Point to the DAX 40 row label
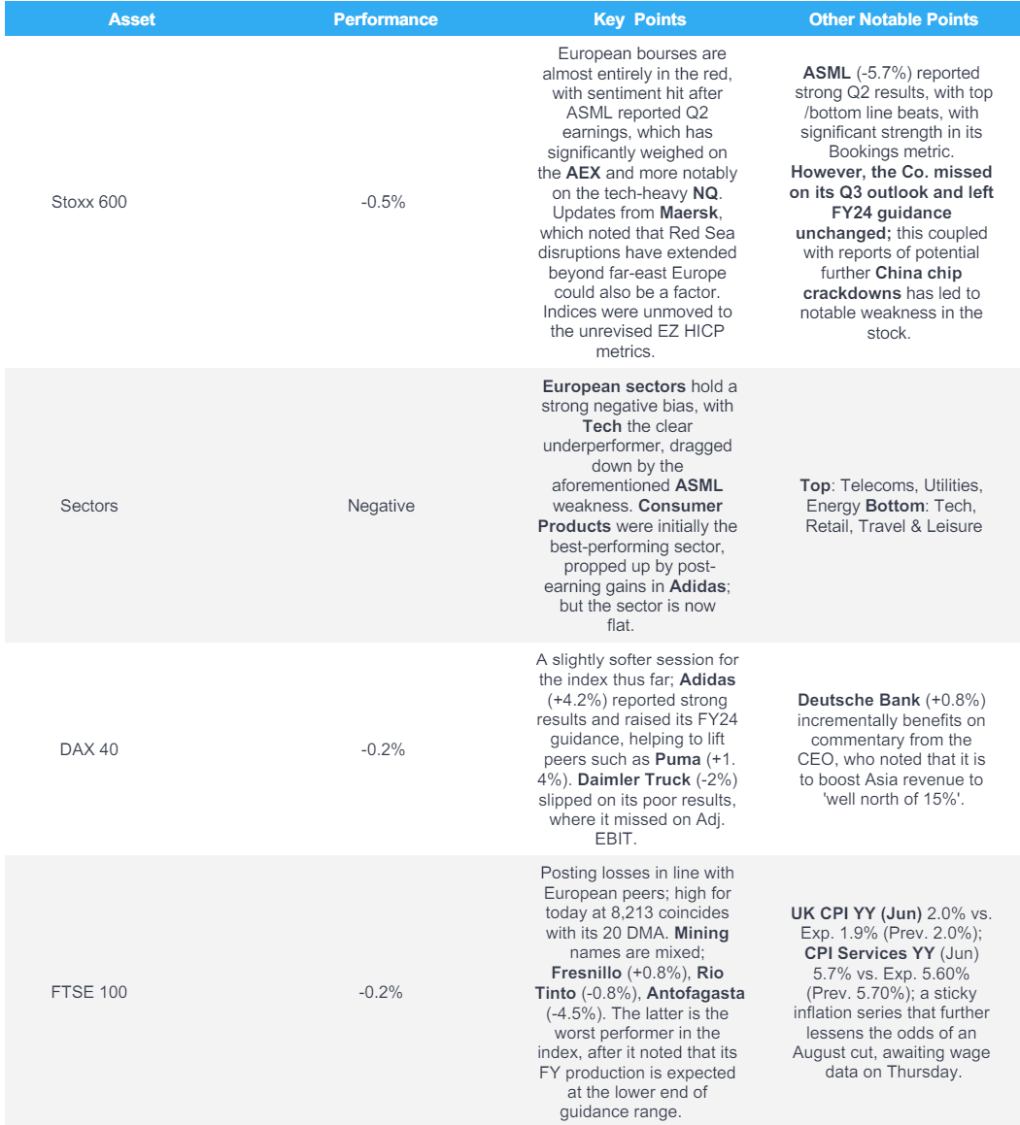[x=83, y=749]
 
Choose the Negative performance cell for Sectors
[x=381, y=506]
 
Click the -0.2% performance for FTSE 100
[x=381, y=992]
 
